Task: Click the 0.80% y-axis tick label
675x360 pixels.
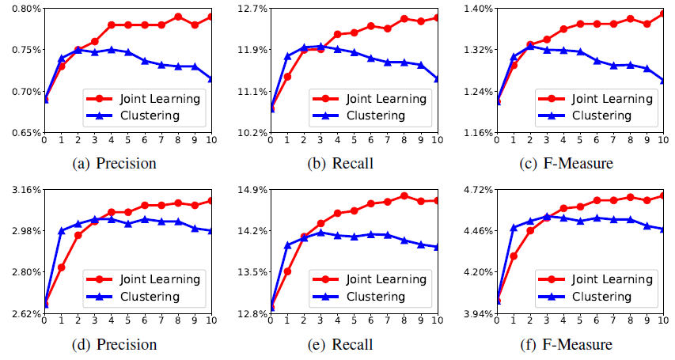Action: [x=21, y=8]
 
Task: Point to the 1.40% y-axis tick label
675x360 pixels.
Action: [x=477, y=8]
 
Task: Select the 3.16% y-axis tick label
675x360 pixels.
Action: [x=21, y=190]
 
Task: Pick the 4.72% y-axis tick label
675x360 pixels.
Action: [x=477, y=190]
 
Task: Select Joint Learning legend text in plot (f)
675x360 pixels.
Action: [x=613, y=279]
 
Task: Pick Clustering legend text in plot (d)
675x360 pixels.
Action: [x=150, y=297]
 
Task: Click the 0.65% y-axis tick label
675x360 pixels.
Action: [x=21, y=132]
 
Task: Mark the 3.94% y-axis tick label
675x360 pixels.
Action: [x=477, y=314]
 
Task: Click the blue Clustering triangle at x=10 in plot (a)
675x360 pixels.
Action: [x=210, y=78]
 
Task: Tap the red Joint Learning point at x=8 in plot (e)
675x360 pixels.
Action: [x=404, y=195]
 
